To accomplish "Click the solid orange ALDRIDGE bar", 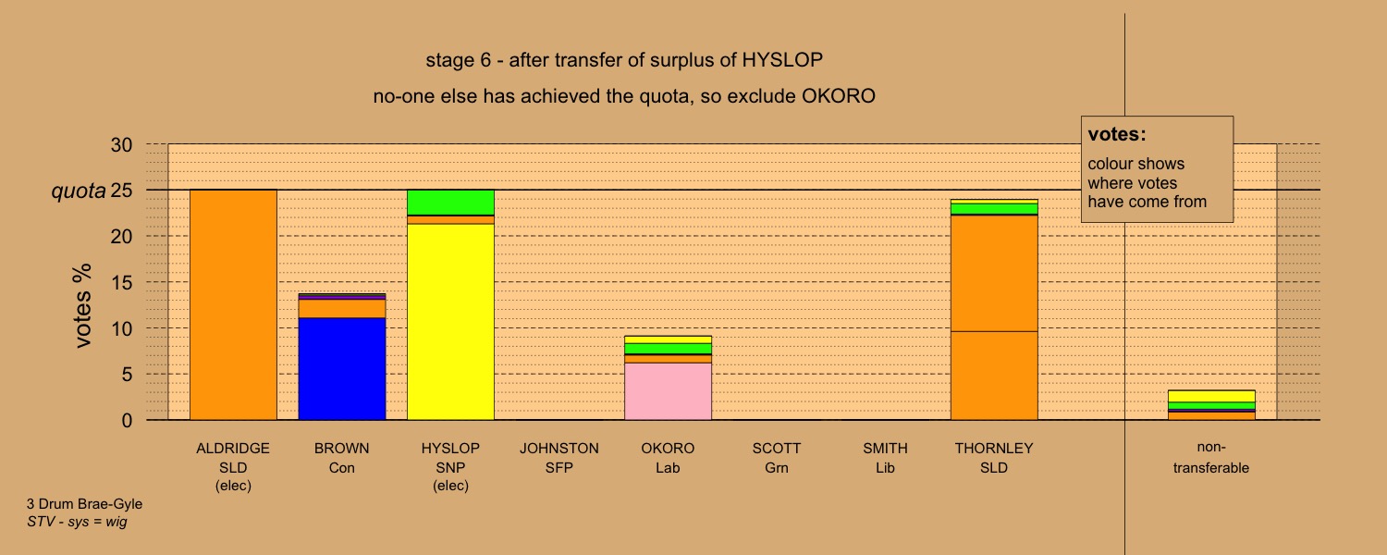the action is tap(233, 304).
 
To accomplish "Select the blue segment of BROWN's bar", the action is tap(342, 369).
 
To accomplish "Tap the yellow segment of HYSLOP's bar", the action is tap(450, 322).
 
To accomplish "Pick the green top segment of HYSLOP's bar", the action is tap(450, 203).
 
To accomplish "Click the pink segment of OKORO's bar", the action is tap(668, 391).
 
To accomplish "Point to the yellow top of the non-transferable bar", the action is tap(1211, 397).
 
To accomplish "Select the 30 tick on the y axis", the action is tap(121, 145).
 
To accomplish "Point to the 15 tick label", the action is tap(121, 283).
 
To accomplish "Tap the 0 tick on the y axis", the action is tap(127, 421).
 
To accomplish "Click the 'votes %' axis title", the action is tap(82, 305).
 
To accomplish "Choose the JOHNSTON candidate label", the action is tap(559, 449).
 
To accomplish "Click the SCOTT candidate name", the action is tap(777, 449).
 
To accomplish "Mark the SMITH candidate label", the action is tap(886, 449).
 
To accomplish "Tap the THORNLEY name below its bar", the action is tap(994, 449).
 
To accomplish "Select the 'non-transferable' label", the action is tap(1211, 458).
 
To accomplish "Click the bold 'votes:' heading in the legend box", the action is tap(1117, 134).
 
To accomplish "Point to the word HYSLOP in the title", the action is tap(782, 60).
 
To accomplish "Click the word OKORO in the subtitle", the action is tap(839, 96).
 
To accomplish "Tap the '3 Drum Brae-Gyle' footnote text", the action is tap(84, 504).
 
